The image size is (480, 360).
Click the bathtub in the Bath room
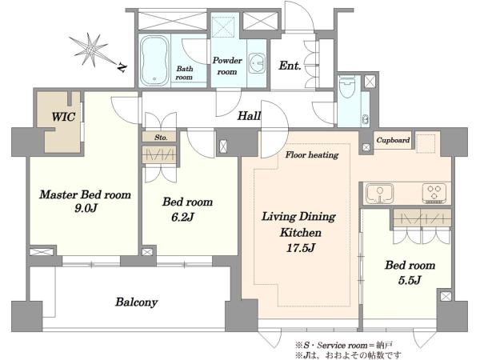(154, 62)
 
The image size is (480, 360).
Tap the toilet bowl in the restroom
(347, 86)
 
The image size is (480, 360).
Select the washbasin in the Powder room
(257, 64)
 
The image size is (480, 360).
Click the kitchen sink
(380, 194)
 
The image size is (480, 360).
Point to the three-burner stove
(434, 194)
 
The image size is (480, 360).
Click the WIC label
(63, 117)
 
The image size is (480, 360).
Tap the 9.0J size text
(86, 209)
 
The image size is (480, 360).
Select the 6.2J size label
(182, 217)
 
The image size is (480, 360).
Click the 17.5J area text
(300, 247)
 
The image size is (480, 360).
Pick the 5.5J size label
(410, 280)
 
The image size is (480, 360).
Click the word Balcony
(137, 302)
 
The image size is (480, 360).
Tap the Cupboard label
(393, 140)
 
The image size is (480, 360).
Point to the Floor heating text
(312, 155)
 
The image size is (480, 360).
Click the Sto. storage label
(161, 138)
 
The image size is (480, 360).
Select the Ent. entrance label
(290, 66)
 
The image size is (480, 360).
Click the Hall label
(249, 116)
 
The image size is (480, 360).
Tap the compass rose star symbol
(90, 49)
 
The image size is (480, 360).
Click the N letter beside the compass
(122, 68)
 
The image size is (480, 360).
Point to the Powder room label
(227, 66)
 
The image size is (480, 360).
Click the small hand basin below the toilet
(366, 119)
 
